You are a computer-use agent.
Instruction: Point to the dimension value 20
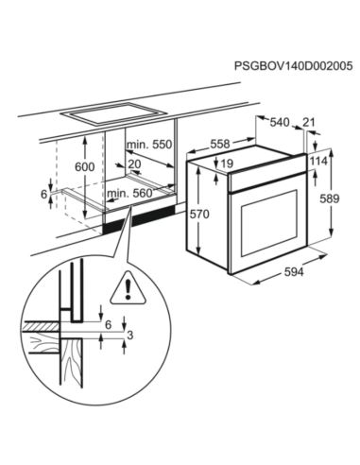coord(134,164)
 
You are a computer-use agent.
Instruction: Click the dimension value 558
coord(219,145)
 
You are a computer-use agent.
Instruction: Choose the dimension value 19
coord(229,164)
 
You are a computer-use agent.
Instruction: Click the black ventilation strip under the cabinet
coord(142,222)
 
